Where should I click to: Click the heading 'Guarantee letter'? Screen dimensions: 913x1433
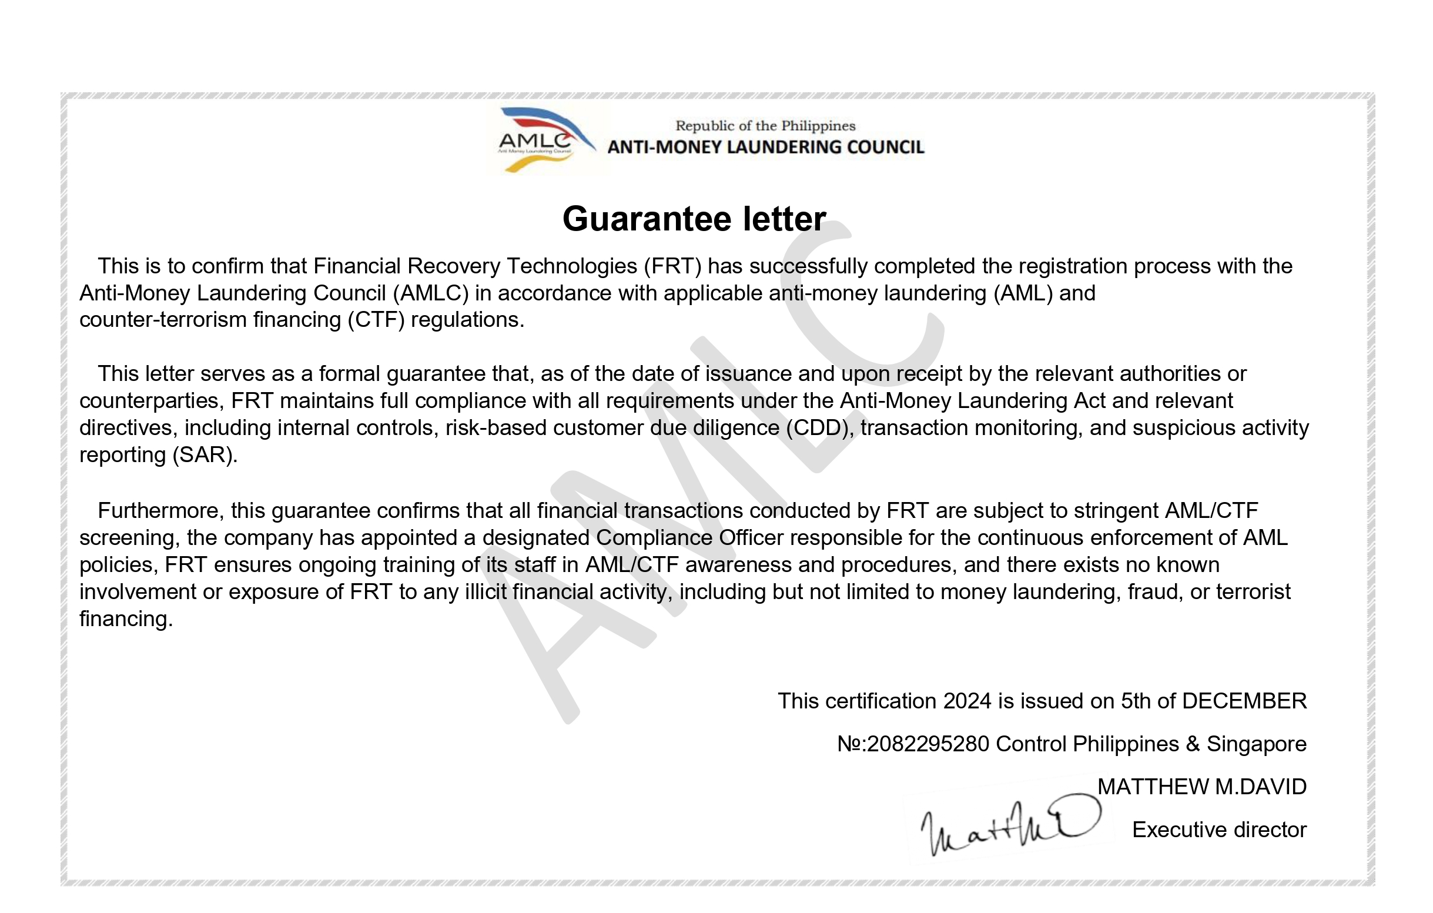(694, 219)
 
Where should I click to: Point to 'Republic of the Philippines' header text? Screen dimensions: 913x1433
(765, 126)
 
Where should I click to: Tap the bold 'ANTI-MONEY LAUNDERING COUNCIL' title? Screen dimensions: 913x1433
(765, 148)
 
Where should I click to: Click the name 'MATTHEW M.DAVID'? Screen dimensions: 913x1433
(1201, 787)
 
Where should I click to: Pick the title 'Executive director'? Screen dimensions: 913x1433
(1219, 830)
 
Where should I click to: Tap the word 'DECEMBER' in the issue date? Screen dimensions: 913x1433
(1244, 701)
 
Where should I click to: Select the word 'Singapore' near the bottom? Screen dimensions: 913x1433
(1256, 744)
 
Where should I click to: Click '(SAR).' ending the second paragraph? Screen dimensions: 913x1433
(205, 454)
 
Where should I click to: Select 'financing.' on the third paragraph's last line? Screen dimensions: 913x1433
(126, 619)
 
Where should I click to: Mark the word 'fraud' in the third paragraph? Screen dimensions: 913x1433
(1154, 592)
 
